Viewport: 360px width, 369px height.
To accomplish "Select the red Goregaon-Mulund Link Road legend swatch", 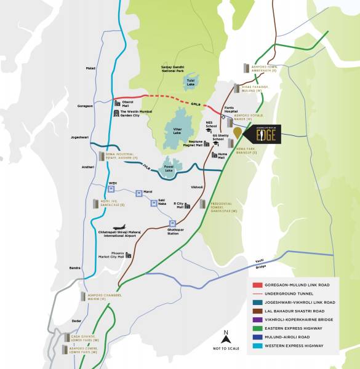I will coord(258,285).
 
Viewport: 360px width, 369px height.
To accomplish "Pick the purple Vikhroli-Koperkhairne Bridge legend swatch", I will coord(258,320).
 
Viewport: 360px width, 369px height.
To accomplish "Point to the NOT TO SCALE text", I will coord(226,349).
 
